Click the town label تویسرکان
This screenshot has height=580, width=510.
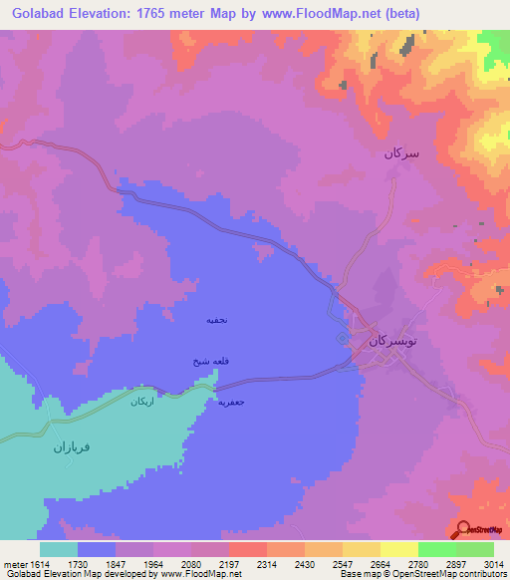(x=389, y=341)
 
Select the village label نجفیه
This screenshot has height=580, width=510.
(x=217, y=320)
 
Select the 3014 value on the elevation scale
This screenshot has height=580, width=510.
(x=493, y=563)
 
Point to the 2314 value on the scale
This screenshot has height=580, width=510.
(x=267, y=563)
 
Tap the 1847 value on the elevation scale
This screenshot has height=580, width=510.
(x=116, y=563)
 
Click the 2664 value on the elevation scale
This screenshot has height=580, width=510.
(x=381, y=563)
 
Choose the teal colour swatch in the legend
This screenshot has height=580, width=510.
(x=59, y=549)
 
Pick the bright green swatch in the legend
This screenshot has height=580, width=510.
(x=436, y=549)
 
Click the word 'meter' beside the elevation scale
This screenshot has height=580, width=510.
(x=14, y=563)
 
